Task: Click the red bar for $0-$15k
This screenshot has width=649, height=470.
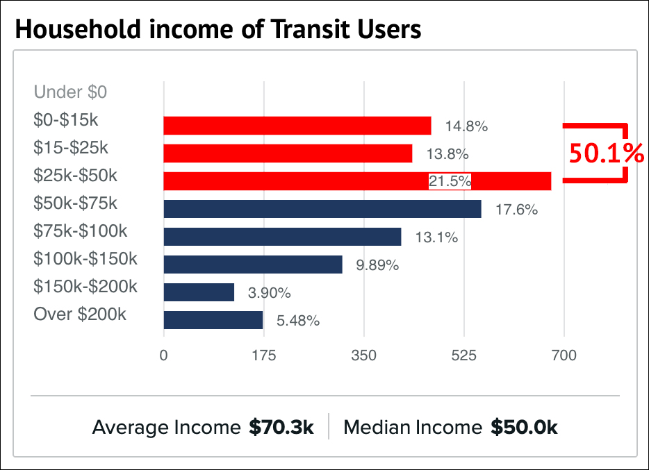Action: (297, 126)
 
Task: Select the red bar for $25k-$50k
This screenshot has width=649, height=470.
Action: (357, 181)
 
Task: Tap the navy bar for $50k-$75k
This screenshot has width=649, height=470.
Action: (322, 209)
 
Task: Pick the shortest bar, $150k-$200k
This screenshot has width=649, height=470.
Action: (199, 292)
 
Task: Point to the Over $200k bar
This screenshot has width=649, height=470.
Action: (213, 320)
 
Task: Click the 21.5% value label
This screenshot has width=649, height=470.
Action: (450, 182)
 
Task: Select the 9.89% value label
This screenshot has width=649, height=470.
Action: (377, 265)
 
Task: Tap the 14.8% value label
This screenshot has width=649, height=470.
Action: (466, 126)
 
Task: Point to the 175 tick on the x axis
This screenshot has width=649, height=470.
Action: (263, 355)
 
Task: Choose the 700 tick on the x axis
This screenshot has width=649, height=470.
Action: (564, 355)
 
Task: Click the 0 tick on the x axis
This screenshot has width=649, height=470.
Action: (163, 355)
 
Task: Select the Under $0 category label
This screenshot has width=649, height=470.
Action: (70, 92)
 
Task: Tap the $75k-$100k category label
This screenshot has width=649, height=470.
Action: (81, 231)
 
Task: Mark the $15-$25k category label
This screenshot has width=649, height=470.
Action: (71, 148)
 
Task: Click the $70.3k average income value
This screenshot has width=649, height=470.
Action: (281, 428)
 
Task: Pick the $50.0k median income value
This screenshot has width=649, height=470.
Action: (524, 428)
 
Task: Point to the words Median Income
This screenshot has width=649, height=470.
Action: (413, 428)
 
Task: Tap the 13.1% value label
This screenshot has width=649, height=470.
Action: (436, 237)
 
